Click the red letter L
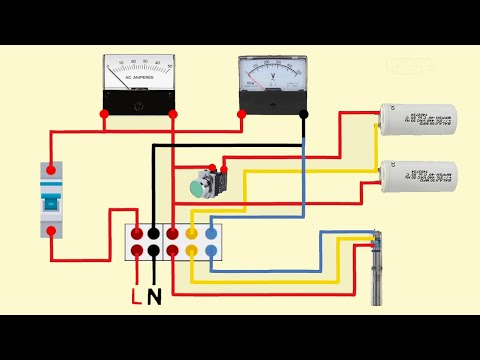pos(137,297)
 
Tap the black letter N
pos(154,297)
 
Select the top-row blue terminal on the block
pos(211,232)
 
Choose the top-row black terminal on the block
pos(154,232)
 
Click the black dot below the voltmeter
pos(304,114)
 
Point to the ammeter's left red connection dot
pos(105,114)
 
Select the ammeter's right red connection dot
pos(173,114)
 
